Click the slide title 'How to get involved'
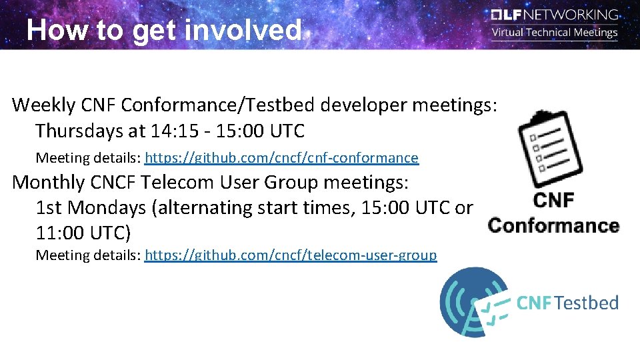[164, 30]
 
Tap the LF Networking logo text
[555, 14]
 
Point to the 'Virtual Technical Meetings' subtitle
[555, 32]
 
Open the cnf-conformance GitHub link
[281, 158]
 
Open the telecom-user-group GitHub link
[291, 255]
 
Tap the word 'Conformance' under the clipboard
[553, 225]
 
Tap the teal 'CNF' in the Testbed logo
[534, 303]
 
